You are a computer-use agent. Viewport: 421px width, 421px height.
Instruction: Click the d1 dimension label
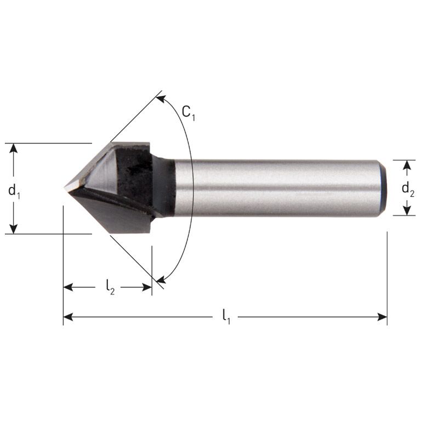point(14,191)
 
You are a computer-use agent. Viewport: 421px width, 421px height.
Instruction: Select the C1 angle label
point(189,113)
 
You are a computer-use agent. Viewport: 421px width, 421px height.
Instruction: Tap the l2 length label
point(110,287)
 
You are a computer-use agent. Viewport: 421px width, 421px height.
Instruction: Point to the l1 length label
point(226,317)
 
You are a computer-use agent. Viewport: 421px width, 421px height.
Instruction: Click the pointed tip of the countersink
point(66,188)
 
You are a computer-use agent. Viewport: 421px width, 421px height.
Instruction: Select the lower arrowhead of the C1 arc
point(160,281)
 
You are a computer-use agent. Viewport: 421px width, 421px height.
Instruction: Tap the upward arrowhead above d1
point(14,149)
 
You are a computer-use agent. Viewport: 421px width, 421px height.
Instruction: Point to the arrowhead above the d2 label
point(407,165)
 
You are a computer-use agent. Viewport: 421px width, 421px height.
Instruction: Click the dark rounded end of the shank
point(383,188)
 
